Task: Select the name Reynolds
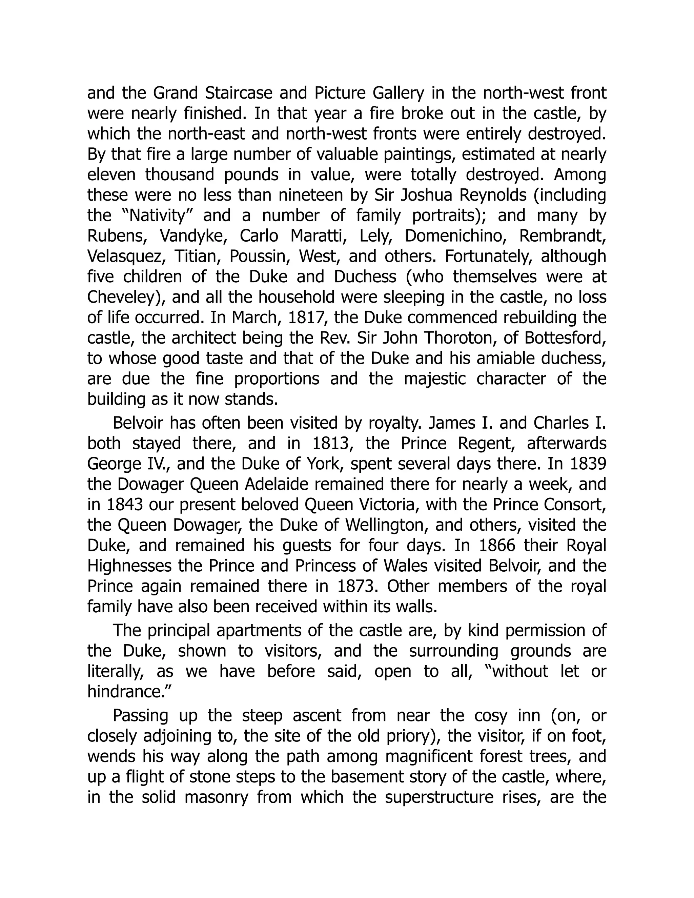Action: click(x=493, y=195)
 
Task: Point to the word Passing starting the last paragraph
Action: click(x=141, y=716)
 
